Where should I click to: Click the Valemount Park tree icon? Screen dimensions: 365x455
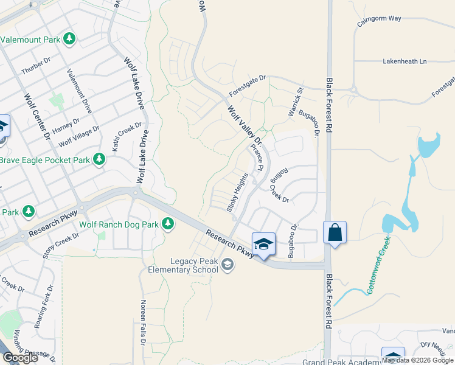[69, 40]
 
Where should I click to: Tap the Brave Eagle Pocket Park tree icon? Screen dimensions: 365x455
[99, 160]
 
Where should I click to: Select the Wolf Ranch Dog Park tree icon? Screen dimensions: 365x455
[167, 224]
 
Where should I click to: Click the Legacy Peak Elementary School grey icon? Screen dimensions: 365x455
[227, 263]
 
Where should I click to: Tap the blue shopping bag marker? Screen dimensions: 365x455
[335, 232]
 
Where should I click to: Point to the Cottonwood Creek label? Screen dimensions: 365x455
[378, 265]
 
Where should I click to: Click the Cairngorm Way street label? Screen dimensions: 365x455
[379, 18]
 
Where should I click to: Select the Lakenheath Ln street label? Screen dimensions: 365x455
[405, 61]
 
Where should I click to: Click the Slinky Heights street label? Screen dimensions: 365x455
[238, 192]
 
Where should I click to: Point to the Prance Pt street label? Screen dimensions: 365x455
[256, 157]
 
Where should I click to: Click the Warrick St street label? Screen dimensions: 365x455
[296, 104]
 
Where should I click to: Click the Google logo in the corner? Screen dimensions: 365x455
[19, 358]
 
